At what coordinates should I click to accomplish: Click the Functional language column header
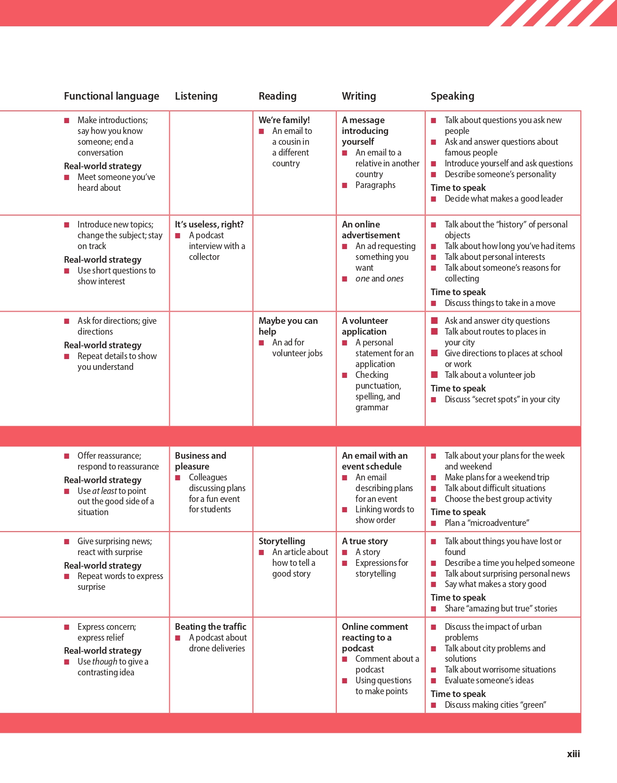(111, 96)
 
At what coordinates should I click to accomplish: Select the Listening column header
(196, 96)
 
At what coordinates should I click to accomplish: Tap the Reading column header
(277, 96)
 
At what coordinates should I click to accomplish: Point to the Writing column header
(359, 96)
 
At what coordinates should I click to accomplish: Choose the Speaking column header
(452, 96)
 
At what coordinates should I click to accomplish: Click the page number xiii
(573, 754)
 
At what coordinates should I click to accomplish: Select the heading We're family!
(284, 120)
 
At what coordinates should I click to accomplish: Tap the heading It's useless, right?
(209, 224)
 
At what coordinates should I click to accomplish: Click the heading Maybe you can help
(288, 326)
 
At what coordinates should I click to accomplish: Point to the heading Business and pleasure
(200, 461)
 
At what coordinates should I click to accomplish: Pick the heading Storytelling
(282, 541)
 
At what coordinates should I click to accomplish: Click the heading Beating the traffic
(210, 626)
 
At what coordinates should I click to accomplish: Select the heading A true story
(364, 541)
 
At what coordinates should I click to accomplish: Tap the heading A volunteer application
(364, 326)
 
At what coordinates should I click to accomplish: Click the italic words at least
(104, 491)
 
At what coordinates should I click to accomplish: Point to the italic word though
(104, 661)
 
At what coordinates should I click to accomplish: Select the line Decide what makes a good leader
(503, 198)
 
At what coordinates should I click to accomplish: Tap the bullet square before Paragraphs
(345, 185)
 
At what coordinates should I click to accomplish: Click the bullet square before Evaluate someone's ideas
(434, 681)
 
